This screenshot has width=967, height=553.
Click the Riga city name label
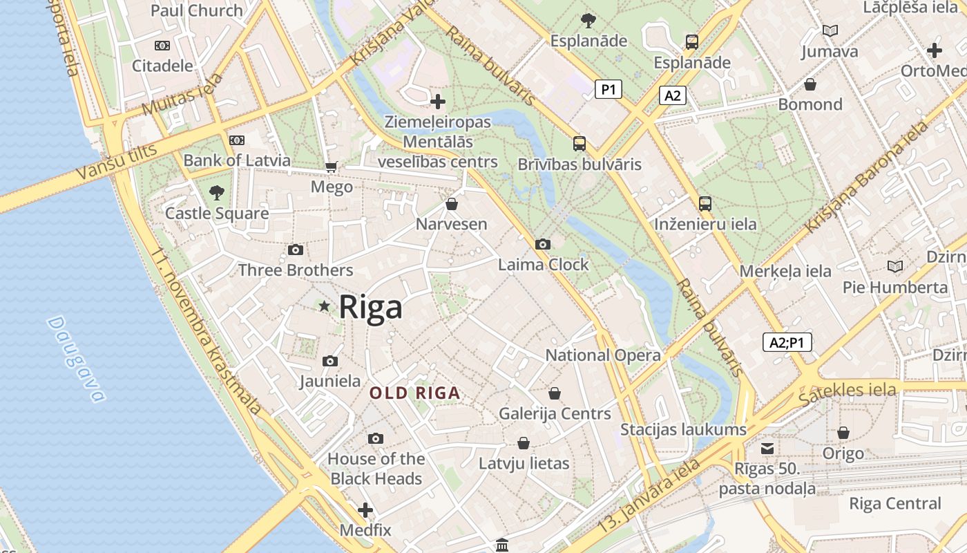(x=370, y=306)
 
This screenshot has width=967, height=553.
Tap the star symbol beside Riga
(x=323, y=306)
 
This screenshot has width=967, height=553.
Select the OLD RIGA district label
(x=414, y=393)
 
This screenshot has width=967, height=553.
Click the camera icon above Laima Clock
(x=543, y=244)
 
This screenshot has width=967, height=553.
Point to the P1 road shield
(x=608, y=88)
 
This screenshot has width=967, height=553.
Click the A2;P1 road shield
(x=787, y=341)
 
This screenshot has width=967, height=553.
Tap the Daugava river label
(x=77, y=359)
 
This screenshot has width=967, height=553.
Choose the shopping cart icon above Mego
(x=332, y=167)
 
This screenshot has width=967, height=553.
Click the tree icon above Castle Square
(x=217, y=191)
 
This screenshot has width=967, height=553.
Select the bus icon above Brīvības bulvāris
(x=580, y=144)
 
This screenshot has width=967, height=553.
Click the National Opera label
(x=603, y=355)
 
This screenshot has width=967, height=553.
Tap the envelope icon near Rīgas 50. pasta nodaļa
(x=767, y=448)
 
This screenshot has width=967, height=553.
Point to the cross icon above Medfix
(x=365, y=511)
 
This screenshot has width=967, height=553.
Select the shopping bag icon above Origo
(x=843, y=433)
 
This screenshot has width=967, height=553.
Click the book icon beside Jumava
(x=830, y=30)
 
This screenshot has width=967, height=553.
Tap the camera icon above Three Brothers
(x=296, y=250)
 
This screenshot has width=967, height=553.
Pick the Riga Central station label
(x=894, y=503)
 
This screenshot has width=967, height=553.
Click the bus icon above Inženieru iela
(x=705, y=203)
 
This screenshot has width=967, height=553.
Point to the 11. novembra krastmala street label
(x=207, y=332)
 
